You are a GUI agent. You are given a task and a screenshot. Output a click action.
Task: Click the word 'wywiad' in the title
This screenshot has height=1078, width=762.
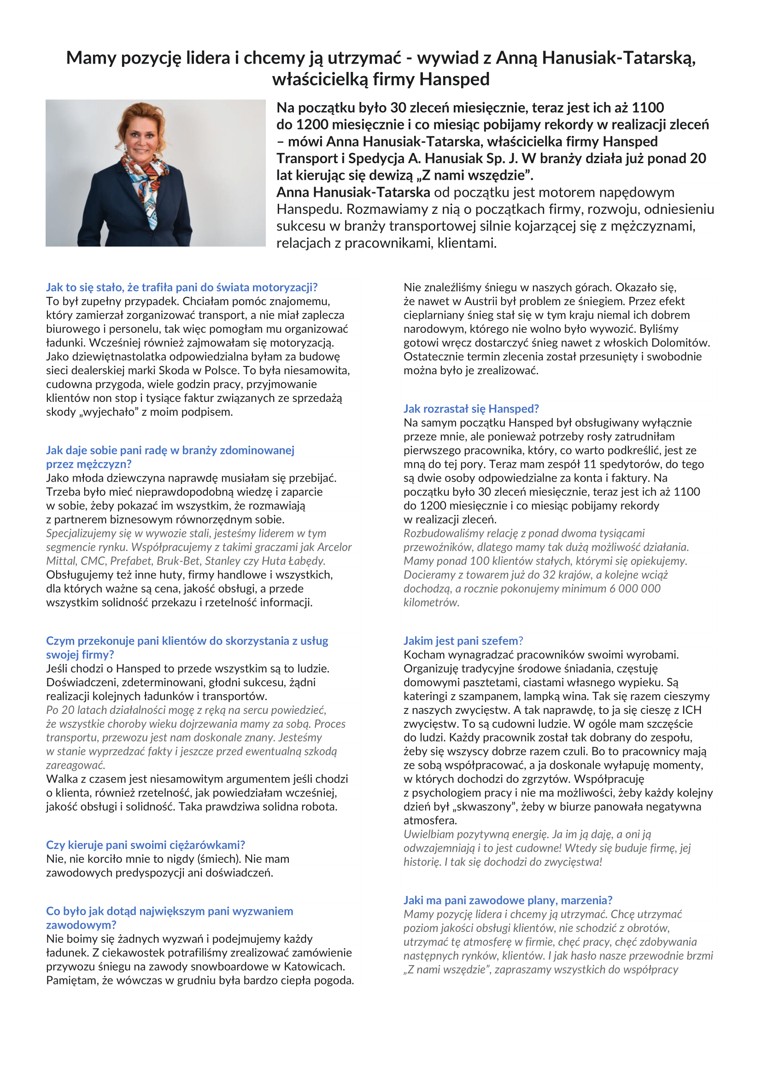pyautogui.click(x=445, y=58)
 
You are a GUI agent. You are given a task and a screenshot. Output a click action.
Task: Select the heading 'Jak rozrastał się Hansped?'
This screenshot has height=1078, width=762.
pyautogui.click(x=471, y=408)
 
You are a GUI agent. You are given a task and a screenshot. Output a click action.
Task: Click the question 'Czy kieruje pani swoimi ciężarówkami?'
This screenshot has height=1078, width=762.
pyautogui.click(x=146, y=845)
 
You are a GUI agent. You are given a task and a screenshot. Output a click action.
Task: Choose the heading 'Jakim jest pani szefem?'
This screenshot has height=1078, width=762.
pyautogui.click(x=463, y=641)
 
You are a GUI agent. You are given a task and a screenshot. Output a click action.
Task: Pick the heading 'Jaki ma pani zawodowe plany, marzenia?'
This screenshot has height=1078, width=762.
pyautogui.click(x=508, y=900)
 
